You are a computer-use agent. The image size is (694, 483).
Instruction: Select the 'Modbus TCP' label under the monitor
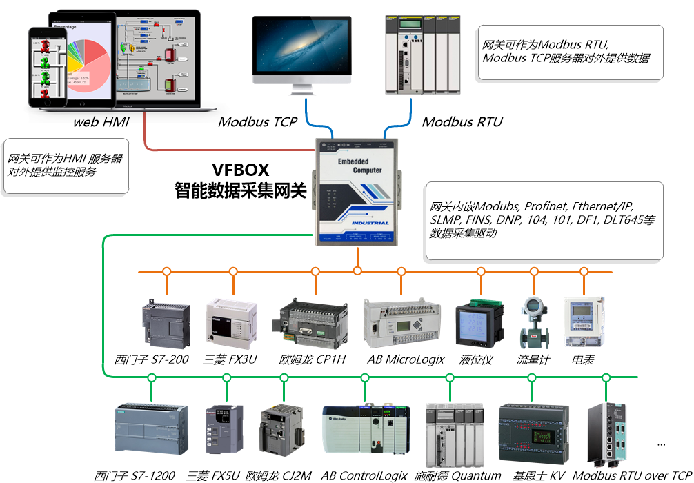coord(257,123)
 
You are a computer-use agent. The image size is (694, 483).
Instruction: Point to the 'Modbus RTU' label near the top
coord(462,123)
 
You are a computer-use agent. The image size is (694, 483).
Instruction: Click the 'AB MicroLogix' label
coord(406,359)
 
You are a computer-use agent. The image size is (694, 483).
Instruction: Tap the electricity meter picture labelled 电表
coord(584,322)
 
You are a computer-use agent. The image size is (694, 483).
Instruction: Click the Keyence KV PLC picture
coord(533,433)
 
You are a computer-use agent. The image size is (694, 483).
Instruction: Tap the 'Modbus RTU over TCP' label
coord(632,475)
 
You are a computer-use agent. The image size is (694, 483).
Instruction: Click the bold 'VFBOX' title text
coord(240,170)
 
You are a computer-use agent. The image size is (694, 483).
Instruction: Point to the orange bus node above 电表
coord(584,271)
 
